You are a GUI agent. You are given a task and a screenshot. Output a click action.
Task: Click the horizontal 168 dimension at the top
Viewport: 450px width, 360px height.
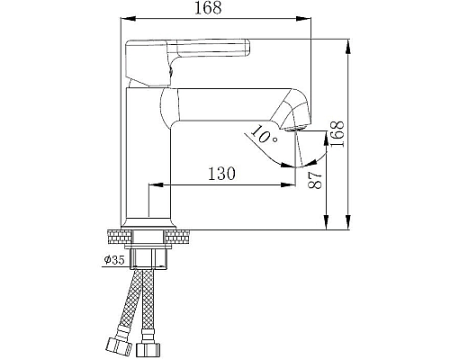coord(213,8)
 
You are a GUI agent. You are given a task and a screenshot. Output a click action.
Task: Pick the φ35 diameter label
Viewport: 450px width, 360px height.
coord(113,260)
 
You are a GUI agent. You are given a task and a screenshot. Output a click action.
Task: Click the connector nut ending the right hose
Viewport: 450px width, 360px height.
coord(149,346)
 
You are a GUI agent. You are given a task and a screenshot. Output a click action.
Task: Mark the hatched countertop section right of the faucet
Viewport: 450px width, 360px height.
coord(180,237)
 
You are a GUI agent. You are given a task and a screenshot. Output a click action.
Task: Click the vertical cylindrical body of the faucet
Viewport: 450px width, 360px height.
coord(146,162)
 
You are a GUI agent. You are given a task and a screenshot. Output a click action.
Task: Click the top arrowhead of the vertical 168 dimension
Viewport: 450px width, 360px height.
coord(348,42)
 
